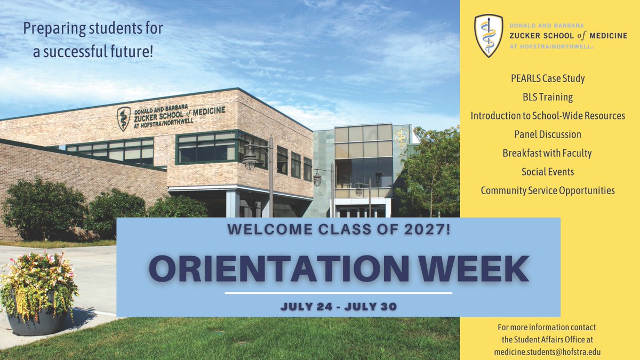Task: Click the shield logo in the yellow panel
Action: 488,35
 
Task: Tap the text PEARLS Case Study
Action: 548,78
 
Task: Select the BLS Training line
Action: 548,97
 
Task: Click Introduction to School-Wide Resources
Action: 548,116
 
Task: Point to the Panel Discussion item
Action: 548,134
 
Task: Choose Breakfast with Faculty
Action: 547,153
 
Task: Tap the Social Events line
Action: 548,172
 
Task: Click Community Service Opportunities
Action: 548,190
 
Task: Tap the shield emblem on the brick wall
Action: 124,118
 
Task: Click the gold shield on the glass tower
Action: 401,138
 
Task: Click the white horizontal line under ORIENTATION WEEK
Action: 338,293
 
